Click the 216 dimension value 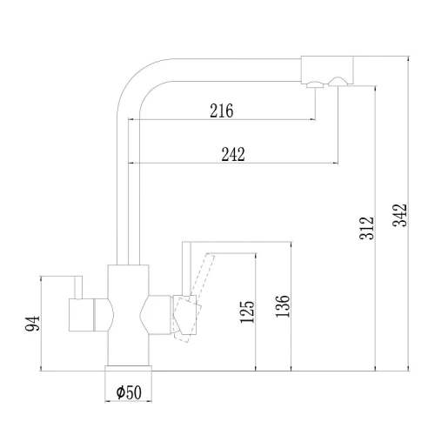[x=222, y=110]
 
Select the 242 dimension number [x=233, y=154]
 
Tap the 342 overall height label [x=400, y=215]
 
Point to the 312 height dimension [x=367, y=228]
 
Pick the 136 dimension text [x=283, y=306]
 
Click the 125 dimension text [x=247, y=312]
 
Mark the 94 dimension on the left [x=32, y=324]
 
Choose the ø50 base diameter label [x=129, y=392]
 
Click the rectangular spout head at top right [x=327, y=70]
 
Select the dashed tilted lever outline [x=193, y=298]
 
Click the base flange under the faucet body [x=128, y=368]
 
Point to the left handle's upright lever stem [x=78, y=287]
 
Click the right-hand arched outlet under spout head [x=338, y=82]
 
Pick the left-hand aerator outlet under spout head [x=315, y=84]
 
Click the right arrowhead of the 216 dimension [x=313, y=119]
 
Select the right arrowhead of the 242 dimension [x=336, y=164]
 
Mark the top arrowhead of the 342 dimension [x=408, y=58]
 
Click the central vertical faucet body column [x=128, y=315]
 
